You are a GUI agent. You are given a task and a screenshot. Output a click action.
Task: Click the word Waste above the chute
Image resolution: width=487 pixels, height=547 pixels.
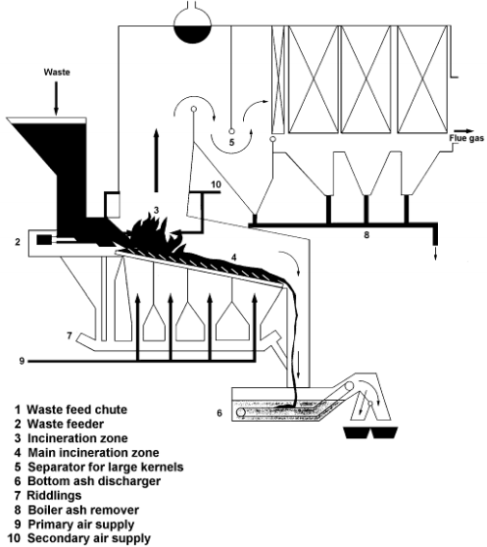(54, 73)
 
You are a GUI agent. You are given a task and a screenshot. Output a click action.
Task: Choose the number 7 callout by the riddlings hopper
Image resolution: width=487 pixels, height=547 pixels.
(70, 335)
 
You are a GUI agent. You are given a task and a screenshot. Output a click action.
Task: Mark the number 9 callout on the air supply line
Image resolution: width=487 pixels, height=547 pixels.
(20, 362)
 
